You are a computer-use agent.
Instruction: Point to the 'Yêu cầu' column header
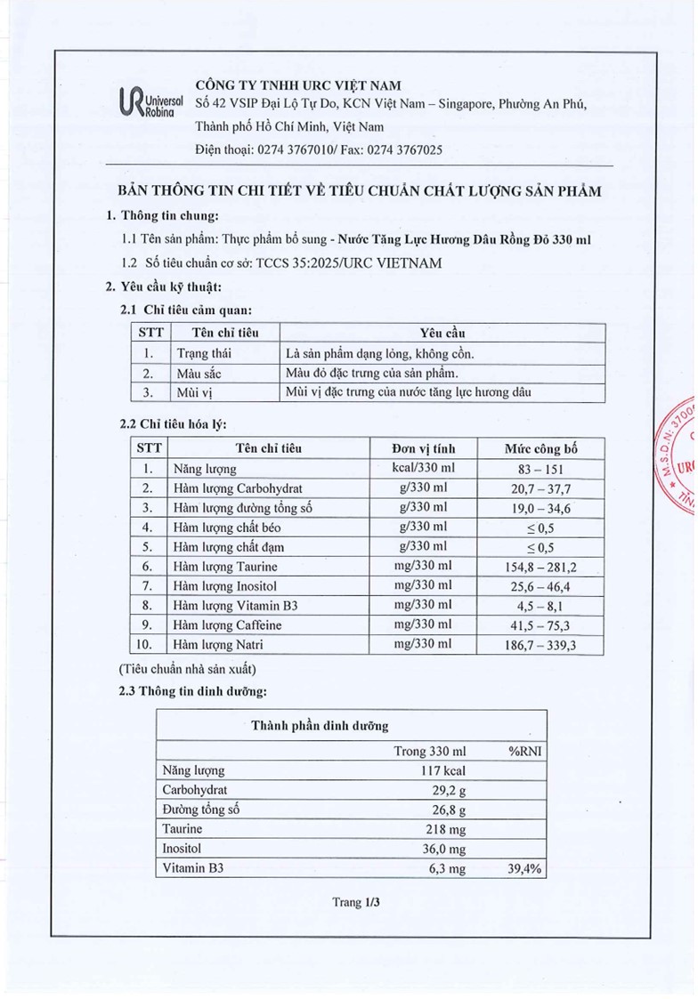tap(442, 333)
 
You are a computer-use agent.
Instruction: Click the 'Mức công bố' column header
tap(540, 447)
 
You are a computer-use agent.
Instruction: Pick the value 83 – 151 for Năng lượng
tap(540, 469)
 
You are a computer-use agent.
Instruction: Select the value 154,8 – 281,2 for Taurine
tap(540, 567)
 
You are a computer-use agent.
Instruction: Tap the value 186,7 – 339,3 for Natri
tap(540, 645)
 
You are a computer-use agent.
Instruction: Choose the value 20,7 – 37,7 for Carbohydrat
tap(540, 488)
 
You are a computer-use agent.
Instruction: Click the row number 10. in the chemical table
tap(149, 645)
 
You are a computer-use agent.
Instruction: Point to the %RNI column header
tap(525, 751)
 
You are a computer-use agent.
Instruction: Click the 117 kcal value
tap(442, 770)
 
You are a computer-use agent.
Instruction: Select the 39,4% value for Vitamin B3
tap(525, 869)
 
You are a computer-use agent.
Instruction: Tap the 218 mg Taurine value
tap(446, 829)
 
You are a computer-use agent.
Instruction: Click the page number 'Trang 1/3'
tap(356, 902)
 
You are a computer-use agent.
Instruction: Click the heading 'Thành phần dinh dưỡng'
tap(320, 726)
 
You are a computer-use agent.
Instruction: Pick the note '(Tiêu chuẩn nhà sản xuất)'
tap(187, 668)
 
